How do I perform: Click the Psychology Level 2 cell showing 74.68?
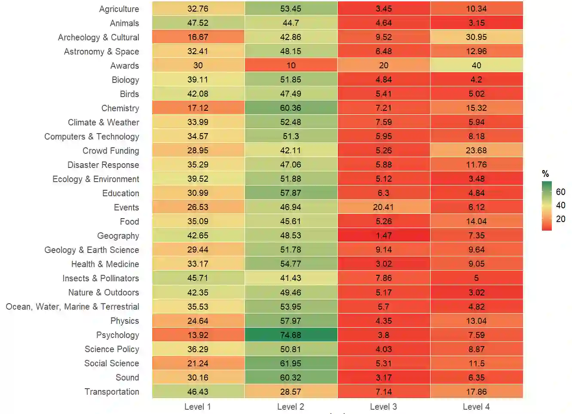(291, 335)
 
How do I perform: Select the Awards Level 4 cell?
(476, 65)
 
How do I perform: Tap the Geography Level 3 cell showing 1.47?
(383, 235)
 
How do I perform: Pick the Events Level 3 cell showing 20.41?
(383, 207)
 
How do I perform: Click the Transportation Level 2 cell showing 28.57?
(291, 392)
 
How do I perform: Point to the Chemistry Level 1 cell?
(198, 108)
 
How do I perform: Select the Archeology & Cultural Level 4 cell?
(476, 37)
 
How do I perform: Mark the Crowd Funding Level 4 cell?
(476, 150)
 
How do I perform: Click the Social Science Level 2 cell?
(291, 363)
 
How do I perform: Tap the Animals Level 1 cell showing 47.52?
(198, 23)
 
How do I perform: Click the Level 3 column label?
(383, 407)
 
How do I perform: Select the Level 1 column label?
(198, 407)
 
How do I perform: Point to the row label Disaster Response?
(103, 165)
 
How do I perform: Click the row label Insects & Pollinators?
(101, 278)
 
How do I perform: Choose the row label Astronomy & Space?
(101, 52)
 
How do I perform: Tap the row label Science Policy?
(112, 349)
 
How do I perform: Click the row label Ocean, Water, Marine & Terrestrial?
(72, 307)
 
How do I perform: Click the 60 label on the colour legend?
(560, 192)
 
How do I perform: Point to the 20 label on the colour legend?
(560, 219)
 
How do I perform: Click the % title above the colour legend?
(545, 174)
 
